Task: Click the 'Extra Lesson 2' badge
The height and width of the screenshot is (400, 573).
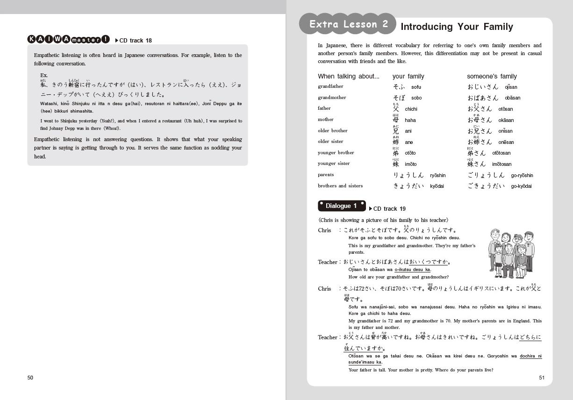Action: (348, 24)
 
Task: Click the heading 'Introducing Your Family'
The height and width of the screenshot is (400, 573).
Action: (457, 27)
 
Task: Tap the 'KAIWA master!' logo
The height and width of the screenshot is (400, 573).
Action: (69, 40)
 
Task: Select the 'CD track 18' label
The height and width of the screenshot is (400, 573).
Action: (135, 41)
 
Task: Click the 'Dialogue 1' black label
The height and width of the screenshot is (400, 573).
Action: (341, 206)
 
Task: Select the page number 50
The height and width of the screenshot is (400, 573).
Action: (30, 378)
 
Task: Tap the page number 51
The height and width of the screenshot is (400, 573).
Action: (542, 378)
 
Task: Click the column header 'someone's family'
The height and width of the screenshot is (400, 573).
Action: (492, 76)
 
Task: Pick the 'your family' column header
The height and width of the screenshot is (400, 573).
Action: (408, 76)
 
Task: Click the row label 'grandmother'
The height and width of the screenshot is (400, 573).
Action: (332, 98)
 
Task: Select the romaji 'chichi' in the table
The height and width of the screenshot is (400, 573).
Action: (411, 109)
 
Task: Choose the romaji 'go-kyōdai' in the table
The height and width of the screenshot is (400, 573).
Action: (521, 186)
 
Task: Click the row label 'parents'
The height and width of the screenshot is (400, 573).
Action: (326, 175)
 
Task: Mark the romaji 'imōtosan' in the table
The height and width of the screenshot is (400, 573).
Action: (501, 164)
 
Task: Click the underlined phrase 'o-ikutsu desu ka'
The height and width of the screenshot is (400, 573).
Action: (412, 270)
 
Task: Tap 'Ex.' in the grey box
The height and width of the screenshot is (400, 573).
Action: (44, 75)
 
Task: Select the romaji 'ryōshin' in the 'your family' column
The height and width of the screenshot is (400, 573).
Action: (437, 175)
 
